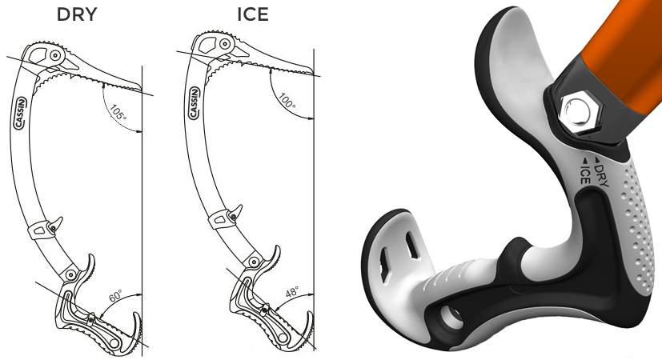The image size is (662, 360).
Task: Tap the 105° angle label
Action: pos(118,113)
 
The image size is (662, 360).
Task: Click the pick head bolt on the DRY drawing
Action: pos(54,57)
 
